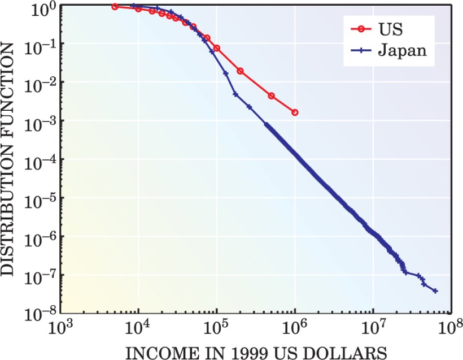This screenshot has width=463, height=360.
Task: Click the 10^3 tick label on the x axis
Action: pos(59,329)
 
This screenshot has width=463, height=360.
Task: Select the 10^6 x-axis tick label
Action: pos(295,329)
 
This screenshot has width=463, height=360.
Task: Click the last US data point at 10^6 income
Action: pos(295,112)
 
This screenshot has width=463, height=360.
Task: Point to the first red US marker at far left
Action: pos(115,7)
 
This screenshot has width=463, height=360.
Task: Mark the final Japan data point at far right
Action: pos(435,291)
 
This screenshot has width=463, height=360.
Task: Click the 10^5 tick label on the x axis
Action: pos(216,329)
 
